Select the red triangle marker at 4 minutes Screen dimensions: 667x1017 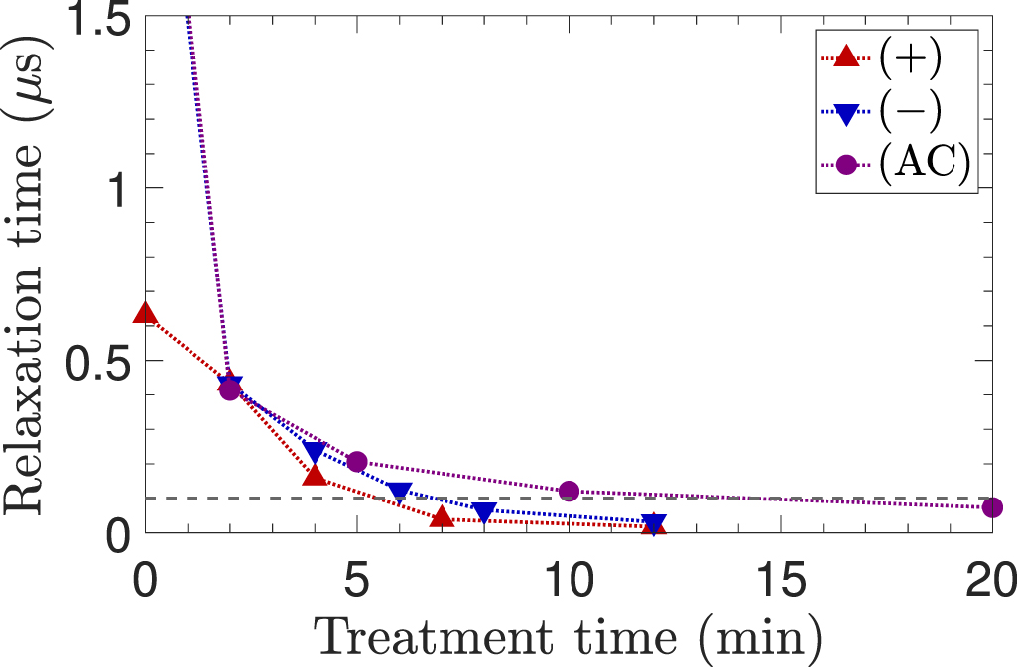tap(315, 476)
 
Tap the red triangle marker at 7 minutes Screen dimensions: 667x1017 tap(443, 517)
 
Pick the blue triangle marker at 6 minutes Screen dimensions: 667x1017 tap(400, 492)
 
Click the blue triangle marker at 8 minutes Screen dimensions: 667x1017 tap(484, 511)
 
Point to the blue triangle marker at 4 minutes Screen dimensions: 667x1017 tap(315, 452)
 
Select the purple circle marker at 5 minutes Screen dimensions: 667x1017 tap(357, 462)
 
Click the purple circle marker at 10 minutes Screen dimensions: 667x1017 tap(569, 491)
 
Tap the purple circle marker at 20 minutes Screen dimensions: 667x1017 tap(992, 507)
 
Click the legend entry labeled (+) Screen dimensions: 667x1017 tap(909, 58)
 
